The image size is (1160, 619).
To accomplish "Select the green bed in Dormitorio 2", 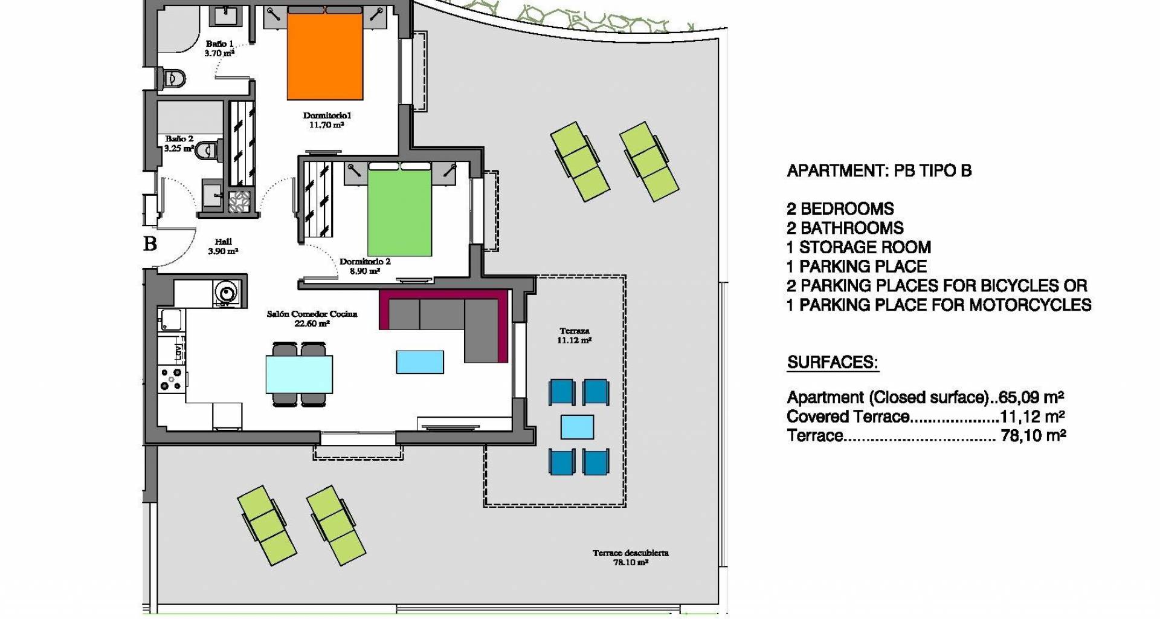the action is coord(399,209).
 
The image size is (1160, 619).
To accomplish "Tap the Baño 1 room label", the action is coord(219,48).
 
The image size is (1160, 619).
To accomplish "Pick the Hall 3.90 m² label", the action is coord(223,247).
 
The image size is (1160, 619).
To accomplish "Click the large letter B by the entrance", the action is coord(150,244).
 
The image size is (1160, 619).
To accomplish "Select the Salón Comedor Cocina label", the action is coord(312,319).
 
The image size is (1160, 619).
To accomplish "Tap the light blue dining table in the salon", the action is coord(299,374).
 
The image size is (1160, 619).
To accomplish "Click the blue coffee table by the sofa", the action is coord(420,362).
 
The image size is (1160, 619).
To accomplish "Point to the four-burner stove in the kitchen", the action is coord(172,378).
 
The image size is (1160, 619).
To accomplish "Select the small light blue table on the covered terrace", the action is coord(577,427).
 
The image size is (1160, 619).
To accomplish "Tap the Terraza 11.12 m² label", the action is coord(574,335).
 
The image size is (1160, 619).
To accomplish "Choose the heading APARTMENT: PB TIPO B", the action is coord(879,171).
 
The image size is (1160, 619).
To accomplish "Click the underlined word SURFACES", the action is coord(833,363).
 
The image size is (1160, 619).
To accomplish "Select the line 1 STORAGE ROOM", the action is coord(859,247).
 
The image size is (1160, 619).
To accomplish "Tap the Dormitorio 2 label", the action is coord(365,267).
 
